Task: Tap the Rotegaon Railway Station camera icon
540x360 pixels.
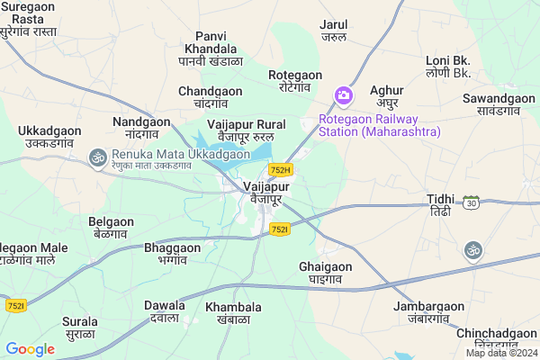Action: click(343, 94)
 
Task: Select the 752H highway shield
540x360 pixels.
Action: click(280, 169)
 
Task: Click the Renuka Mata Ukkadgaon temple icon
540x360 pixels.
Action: click(96, 157)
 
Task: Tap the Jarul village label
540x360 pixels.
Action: click(334, 31)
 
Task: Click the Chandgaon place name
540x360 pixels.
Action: click(210, 97)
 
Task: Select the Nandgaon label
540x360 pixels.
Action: click(141, 127)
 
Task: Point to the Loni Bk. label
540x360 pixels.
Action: click(448, 66)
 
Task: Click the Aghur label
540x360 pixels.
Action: click(386, 96)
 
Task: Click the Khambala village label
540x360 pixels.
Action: click(233, 313)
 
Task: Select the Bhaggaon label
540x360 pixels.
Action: click(172, 253)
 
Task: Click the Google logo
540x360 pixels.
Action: click(30, 348)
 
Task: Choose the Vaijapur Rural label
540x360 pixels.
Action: click(246, 130)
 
